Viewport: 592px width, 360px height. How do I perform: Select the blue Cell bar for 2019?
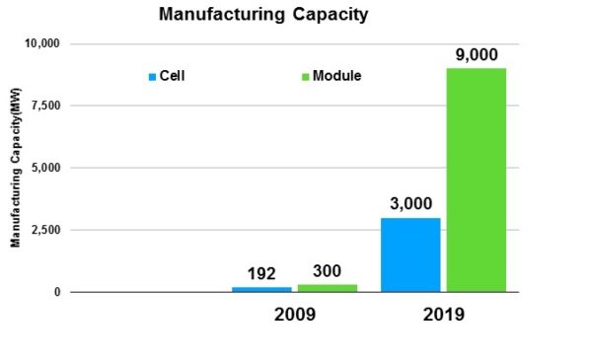(410, 254)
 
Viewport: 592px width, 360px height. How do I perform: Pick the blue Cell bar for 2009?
(261, 289)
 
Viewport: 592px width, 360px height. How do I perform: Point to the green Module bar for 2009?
(327, 288)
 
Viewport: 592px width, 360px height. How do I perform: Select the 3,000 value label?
(410, 204)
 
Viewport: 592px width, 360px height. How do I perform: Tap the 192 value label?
(262, 272)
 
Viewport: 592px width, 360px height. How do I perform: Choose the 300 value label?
(327, 269)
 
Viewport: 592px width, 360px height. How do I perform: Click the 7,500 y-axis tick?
(45, 106)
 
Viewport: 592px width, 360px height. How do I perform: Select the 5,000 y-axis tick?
(45, 168)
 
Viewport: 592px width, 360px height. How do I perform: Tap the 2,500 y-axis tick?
(45, 230)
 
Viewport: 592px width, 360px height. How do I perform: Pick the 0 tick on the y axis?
(56, 292)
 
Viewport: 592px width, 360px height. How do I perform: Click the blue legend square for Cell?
(151, 76)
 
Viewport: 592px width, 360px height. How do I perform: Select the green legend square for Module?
(306, 76)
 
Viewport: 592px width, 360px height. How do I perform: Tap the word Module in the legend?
(336, 76)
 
